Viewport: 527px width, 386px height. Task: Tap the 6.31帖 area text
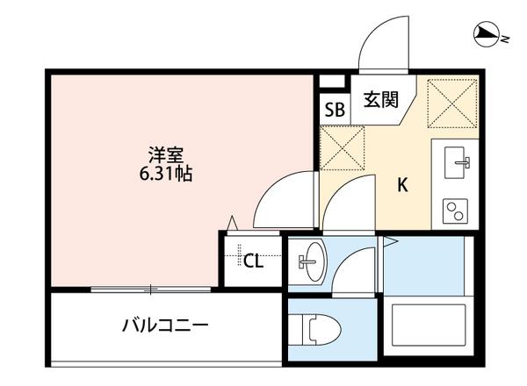165,174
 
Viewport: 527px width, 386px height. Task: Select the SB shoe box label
335,110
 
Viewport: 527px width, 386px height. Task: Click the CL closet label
254,260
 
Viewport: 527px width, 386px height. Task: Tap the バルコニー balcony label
164,326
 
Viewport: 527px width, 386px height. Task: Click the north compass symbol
484,35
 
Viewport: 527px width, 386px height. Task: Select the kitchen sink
456,162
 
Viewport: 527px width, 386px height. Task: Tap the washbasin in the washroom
310,261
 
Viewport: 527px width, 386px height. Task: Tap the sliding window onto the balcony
151,288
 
